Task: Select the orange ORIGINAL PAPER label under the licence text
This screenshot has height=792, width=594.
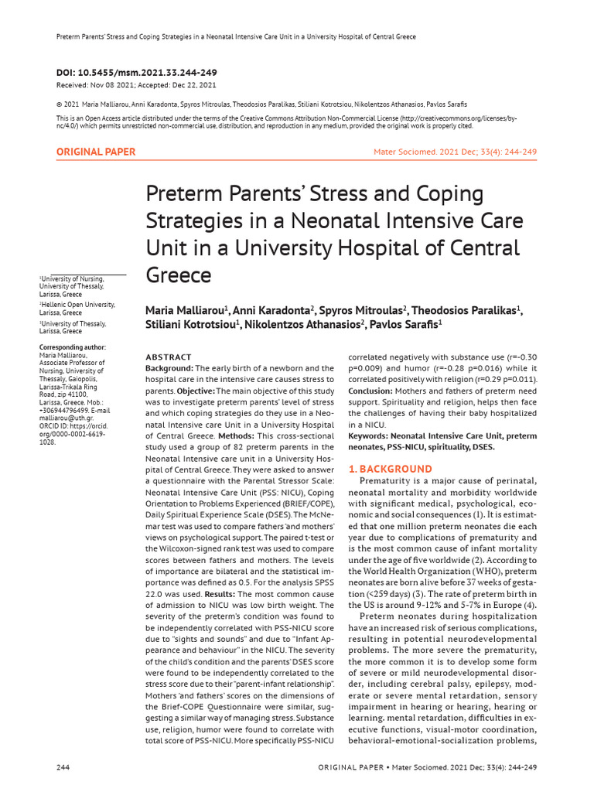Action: [x=96, y=152]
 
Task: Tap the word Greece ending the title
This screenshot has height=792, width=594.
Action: [x=179, y=276]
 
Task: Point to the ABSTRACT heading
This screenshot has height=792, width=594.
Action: [x=169, y=357]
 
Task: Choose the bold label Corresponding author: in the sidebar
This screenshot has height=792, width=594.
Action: [x=73, y=347]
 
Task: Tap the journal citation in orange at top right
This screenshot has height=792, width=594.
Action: [x=455, y=152]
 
